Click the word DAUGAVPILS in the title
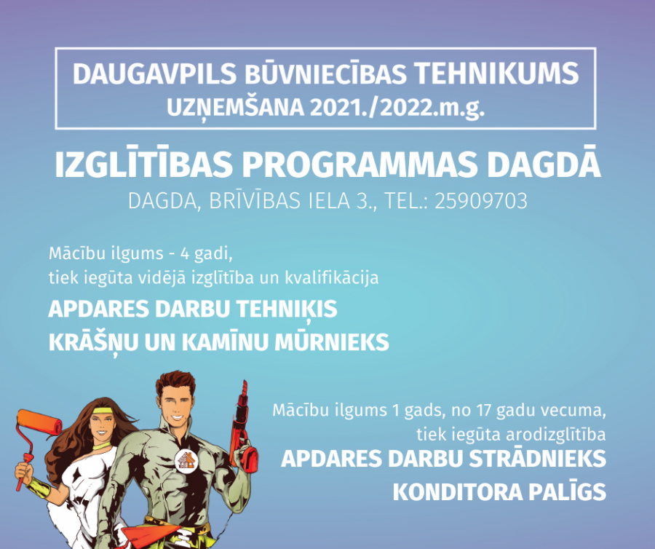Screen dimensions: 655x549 (x=155, y=74)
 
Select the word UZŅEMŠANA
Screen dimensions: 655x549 (x=236, y=108)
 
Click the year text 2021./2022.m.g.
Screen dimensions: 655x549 (x=397, y=108)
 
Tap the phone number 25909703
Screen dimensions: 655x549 (x=481, y=201)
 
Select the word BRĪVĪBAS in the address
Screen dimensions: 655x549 (x=255, y=200)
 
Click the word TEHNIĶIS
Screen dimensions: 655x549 (x=287, y=310)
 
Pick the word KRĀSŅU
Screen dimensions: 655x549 (x=94, y=343)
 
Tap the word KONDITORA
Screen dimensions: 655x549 (x=458, y=492)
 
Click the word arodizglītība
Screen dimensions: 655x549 (x=556, y=435)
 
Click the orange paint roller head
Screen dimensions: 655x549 (x=39, y=423)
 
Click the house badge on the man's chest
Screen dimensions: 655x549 (x=186, y=461)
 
